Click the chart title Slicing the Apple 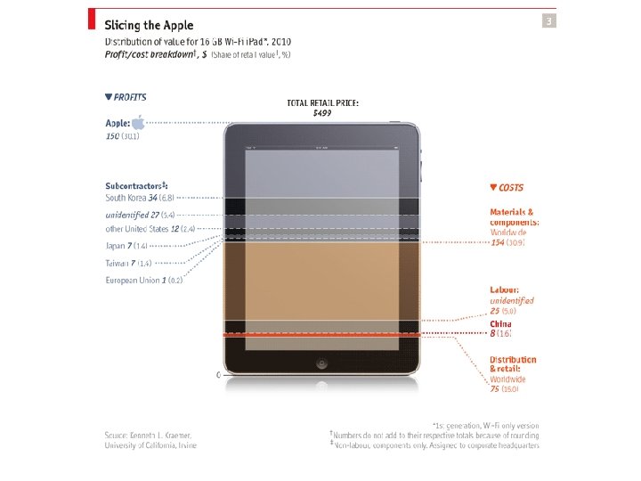click(149, 25)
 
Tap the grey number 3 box click(548, 21)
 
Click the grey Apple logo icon click(138, 122)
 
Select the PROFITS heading click(126, 97)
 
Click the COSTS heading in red click(507, 188)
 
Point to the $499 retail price click(322, 114)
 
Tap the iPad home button click(322, 364)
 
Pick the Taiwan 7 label click(128, 263)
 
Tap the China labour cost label click(500, 328)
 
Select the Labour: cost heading click(505, 289)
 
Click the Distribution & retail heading click(513, 363)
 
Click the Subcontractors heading click(136, 186)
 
